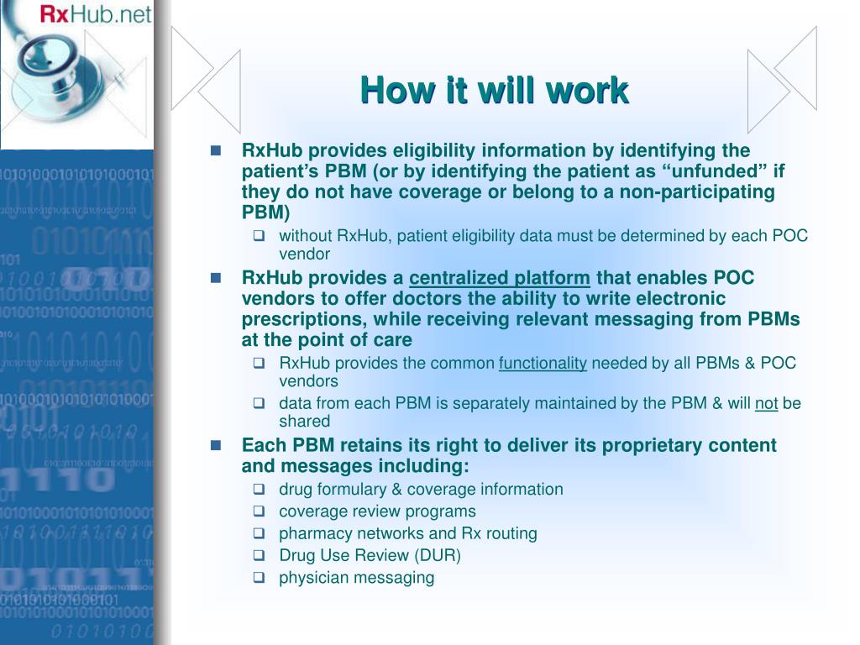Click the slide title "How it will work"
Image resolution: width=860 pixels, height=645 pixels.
[494, 90]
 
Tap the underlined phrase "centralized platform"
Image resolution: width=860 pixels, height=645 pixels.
[500, 278]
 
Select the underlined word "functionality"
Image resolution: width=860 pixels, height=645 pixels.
[543, 363]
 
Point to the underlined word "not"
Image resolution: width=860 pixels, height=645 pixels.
[766, 403]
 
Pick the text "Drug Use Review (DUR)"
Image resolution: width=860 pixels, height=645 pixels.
[370, 555]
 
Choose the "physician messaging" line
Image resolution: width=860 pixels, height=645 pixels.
[356, 577]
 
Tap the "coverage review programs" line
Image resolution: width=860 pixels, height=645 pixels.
[377, 511]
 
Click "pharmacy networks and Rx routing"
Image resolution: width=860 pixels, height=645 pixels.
[407, 533]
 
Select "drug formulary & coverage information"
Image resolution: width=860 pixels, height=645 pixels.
[421, 490]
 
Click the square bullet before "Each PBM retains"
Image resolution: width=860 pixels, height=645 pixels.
[216, 445]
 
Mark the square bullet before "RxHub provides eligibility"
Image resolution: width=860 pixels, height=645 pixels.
[216, 151]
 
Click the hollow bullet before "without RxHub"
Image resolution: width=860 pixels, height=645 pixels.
[260, 236]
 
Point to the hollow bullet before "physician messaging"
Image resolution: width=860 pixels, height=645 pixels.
[260, 578]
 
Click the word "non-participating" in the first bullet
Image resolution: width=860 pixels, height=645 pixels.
[703, 191]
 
